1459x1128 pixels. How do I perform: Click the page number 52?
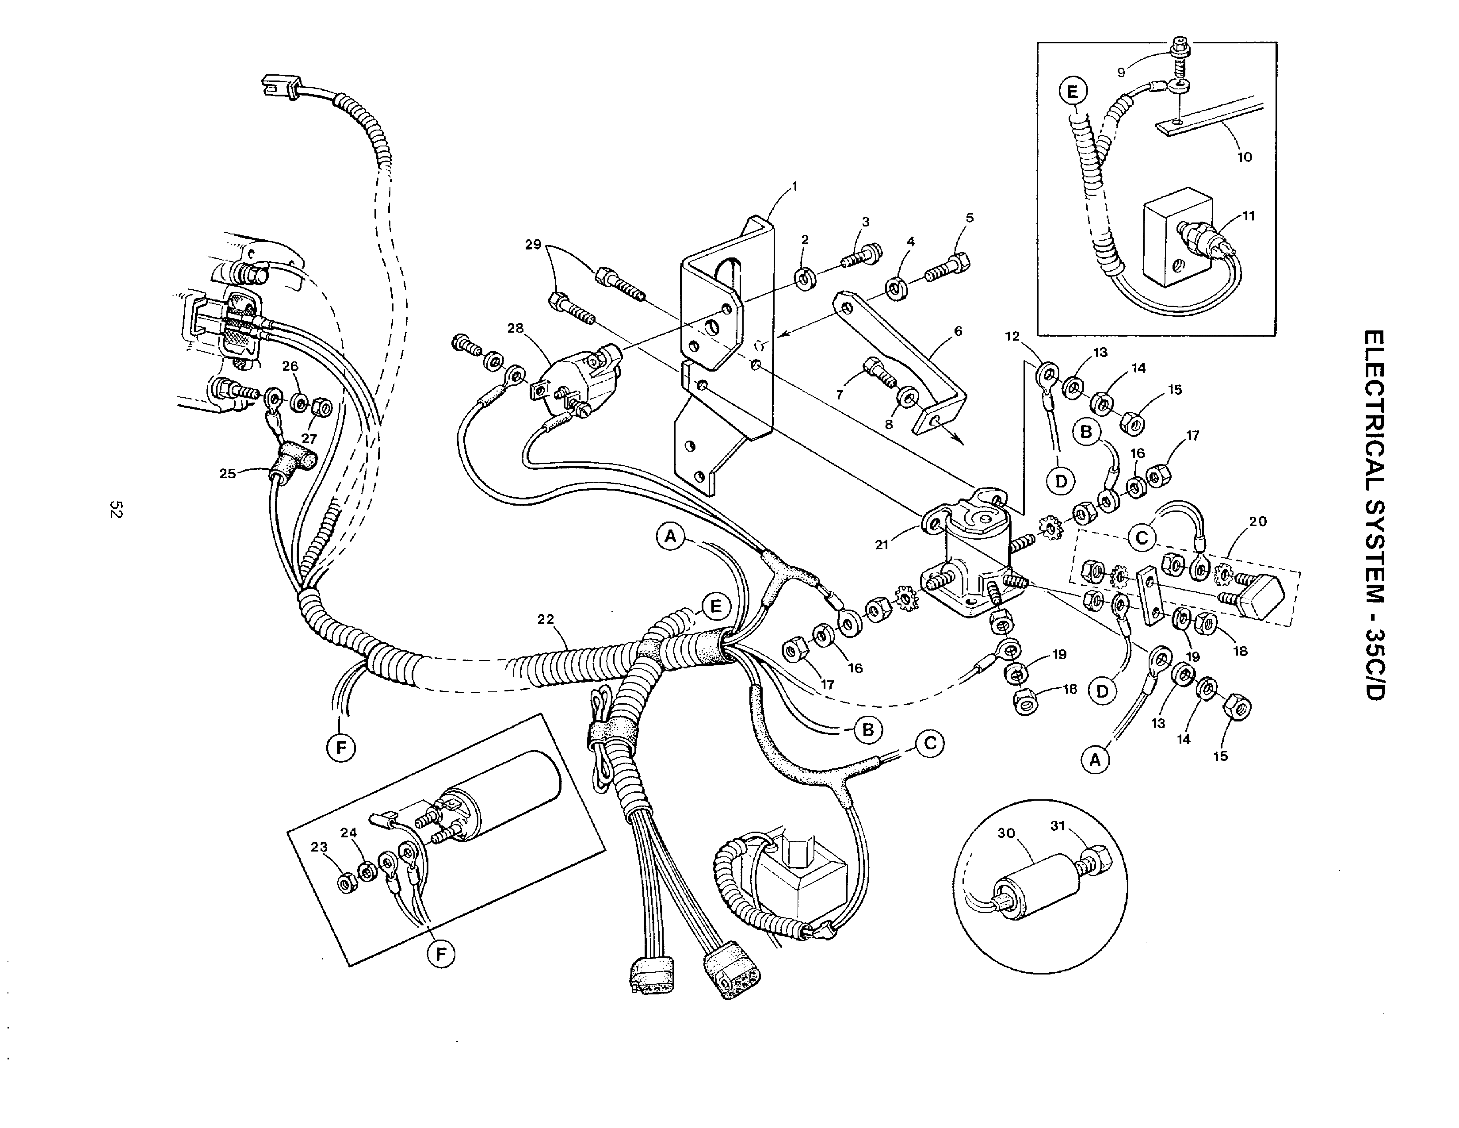pos(115,509)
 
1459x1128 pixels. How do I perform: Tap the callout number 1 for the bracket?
pos(794,187)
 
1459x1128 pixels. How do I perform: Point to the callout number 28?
pos(515,328)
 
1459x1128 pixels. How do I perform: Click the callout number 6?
pos(958,331)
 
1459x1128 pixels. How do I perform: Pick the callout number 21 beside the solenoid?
pos(882,545)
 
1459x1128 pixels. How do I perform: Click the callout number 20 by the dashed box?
pos(1257,521)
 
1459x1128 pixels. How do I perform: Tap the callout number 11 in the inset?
pos(1249,216)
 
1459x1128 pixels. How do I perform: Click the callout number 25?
pos(228,473)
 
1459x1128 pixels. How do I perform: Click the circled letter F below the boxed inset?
pos(441,954)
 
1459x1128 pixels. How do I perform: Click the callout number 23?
pos(319,847)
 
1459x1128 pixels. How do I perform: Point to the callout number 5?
pos(969,218)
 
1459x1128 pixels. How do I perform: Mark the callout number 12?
pos(1013,336)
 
